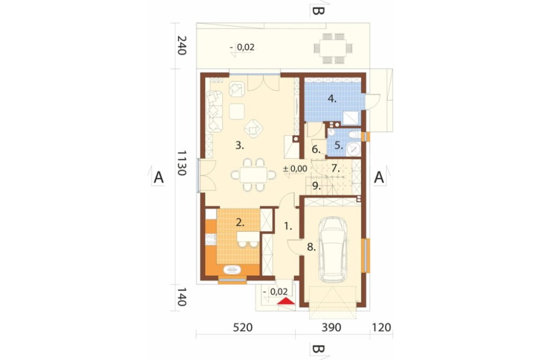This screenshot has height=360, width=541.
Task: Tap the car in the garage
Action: tap(333, 250)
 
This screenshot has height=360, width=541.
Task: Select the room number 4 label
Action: tap(332, 99)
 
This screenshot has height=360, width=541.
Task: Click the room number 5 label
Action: tap(339, 145)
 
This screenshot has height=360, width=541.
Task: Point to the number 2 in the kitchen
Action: tap(240, 222)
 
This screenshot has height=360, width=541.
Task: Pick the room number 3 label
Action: tap(240, 145)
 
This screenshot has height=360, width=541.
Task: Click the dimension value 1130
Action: tap(182, 163)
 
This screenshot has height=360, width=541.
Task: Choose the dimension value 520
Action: tap(242, 327)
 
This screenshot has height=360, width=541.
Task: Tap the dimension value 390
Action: tap(331, 327)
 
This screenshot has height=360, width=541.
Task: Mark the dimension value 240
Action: tap(182, 45)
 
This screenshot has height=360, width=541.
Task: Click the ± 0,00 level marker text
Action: tap(295, 169)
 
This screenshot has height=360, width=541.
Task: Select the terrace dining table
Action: tap(333, 48)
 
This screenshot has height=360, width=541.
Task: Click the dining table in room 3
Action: tap(254, 175)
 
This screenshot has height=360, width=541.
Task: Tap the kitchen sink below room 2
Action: tap(232, 269)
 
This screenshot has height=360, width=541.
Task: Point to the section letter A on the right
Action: tap(379, 177)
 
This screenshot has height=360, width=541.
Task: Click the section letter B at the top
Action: tap(318, 11)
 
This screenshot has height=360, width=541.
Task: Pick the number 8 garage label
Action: tap(311, 247)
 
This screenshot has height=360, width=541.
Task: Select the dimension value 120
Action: tap(381, 327)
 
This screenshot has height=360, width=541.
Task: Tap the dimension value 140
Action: tap(182, 297)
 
